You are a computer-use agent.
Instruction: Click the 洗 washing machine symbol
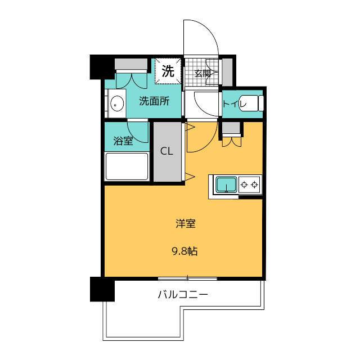[168, 71]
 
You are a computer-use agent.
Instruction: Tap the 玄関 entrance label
[202, 74]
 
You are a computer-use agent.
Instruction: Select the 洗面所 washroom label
[154, 101]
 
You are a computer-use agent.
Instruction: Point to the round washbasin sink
[117, 103]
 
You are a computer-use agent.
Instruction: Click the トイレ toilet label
[235, 104]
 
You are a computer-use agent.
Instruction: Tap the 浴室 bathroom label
[123, 141]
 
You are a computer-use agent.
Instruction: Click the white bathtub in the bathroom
[127, 166]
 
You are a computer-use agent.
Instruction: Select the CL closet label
[166, 151]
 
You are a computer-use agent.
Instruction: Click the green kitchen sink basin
[226, 184]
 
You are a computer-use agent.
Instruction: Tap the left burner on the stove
[244, 184]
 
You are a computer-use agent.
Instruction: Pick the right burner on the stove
[254, 184]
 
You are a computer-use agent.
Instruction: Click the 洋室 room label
[186, 224]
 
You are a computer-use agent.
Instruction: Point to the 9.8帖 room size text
[185, 251]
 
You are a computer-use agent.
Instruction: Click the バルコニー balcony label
[183, 294]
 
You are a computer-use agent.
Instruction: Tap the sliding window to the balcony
[187, 278]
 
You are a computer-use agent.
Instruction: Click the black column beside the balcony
[102, 289]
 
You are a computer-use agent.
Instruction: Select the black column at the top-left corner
[102, 67]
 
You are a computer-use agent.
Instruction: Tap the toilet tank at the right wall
[260, 103]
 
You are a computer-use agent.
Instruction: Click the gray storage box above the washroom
[131, 64]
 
